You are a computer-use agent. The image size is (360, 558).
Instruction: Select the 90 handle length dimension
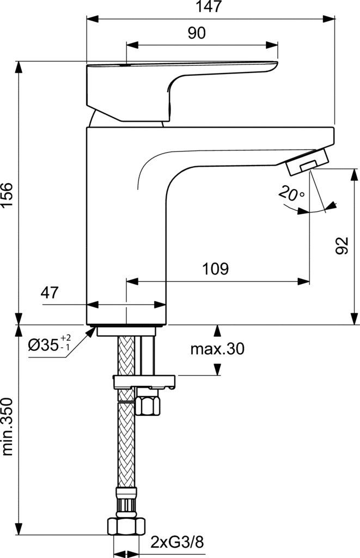coord(197,33)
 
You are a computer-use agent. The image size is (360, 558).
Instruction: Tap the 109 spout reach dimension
coord(216,269)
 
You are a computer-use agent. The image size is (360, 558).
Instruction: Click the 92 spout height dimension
coord(341,247)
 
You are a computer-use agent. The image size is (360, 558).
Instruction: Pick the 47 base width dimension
coord(50,293)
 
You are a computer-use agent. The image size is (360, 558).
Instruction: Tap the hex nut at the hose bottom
coord(126,526)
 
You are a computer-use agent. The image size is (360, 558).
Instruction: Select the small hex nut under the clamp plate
coord(146,405)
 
